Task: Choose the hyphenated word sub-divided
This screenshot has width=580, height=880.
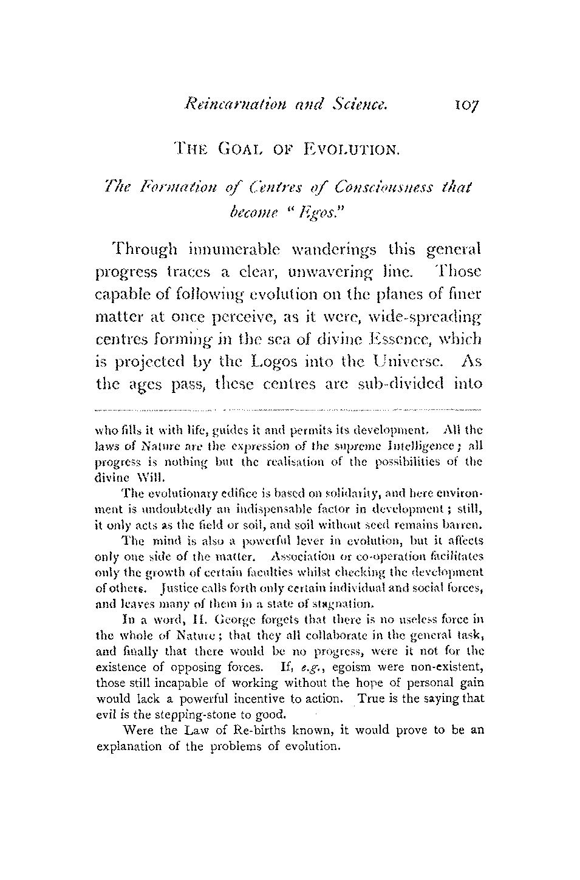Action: coord(389,387)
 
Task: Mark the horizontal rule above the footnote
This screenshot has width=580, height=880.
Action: coord(290,410)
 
